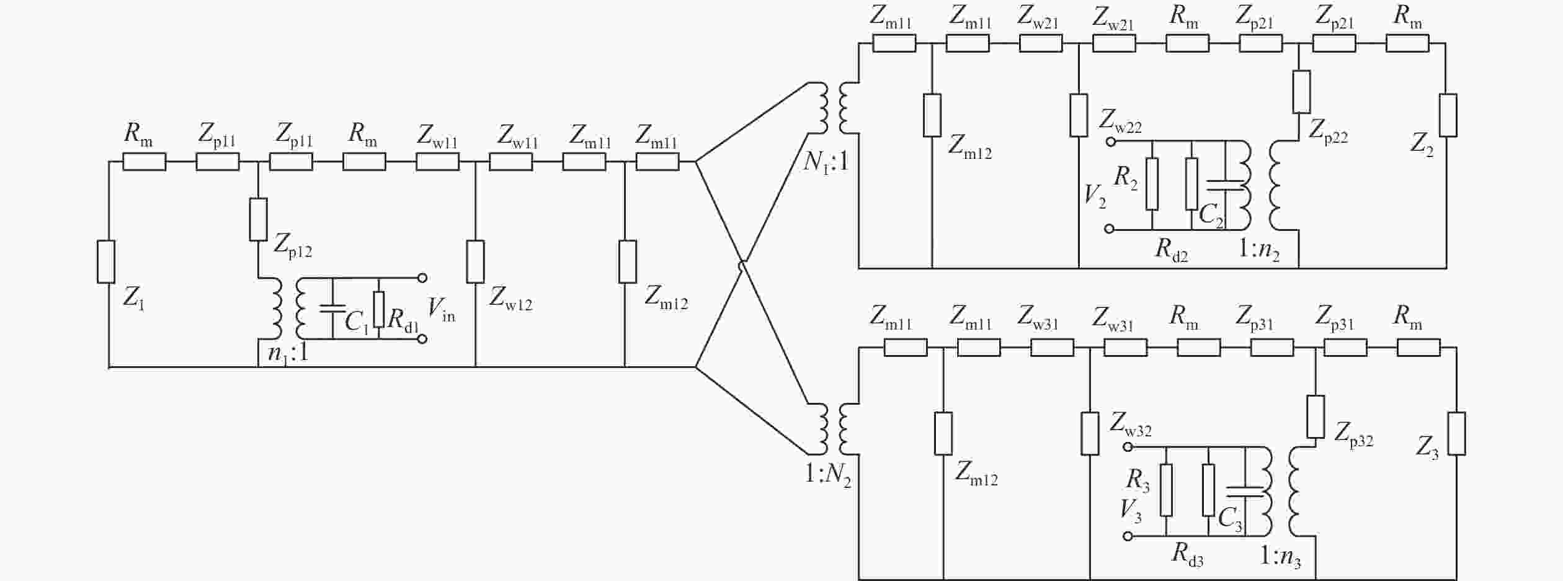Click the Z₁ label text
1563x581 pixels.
tap(134, 298)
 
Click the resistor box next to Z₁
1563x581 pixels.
tap(106, 262)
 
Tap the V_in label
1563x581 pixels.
tap(441, 309)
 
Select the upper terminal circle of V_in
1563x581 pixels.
tap(422, 277)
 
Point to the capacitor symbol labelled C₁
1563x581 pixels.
tap(333, 309)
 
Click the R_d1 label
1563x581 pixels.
tap(403, 318)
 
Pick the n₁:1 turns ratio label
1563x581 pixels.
tap(288, 353)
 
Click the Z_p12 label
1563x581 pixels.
tap(292, 246)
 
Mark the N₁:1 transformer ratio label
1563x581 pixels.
tap(826, 162)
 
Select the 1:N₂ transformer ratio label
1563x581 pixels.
tap(827, 475)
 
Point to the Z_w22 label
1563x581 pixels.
tap(1120, 121)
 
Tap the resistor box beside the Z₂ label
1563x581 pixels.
tap(1448, 115)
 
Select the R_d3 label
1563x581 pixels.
tap(1187, 554)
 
